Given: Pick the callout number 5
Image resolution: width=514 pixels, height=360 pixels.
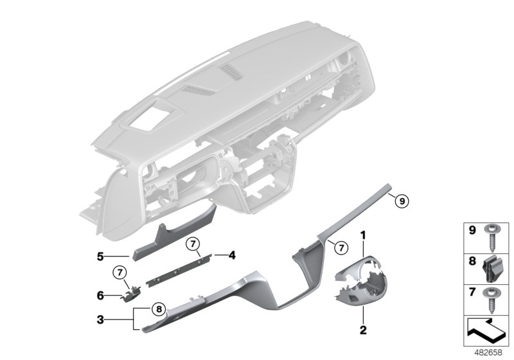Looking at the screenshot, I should click(x=100, y=256).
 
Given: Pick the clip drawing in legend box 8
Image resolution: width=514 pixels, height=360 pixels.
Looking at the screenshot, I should click(x=497, y=269).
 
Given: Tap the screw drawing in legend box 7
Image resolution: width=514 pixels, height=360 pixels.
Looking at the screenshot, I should click(x=497, y=301).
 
